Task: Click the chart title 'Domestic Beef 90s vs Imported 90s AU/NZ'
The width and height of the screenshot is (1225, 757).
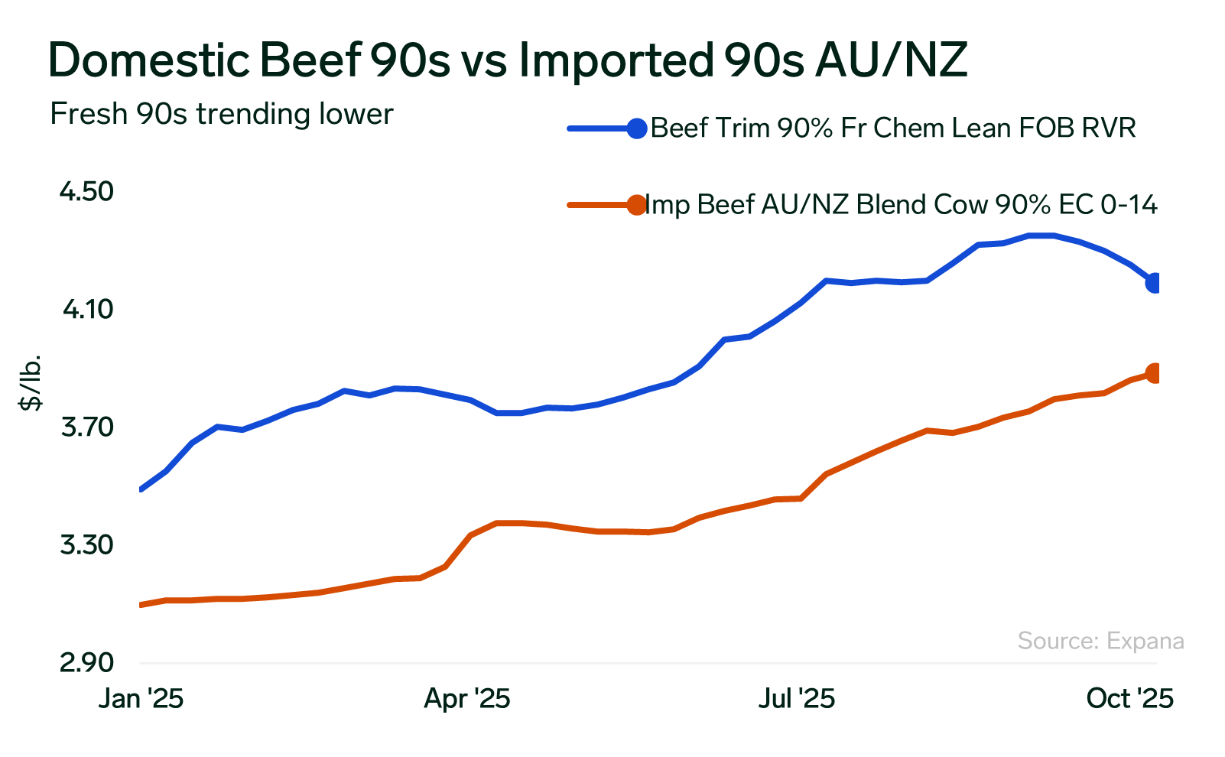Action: (x=507, y=60)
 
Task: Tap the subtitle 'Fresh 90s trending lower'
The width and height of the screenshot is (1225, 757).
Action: (x=222, y=114)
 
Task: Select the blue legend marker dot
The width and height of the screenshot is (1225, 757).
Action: (x=636, y=128)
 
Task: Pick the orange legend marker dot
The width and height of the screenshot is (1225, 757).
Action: (x=636, y=205)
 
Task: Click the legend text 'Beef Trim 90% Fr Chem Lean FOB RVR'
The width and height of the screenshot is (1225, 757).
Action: (x=893, y=128)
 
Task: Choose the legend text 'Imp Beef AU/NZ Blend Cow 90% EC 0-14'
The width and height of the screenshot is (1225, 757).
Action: (x=901, y=205)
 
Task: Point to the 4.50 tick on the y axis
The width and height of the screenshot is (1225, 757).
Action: (x=86, y=191)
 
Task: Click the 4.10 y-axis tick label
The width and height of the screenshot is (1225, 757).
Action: (x=87, y=310)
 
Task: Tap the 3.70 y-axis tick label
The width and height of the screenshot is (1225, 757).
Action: (x=86, y=427)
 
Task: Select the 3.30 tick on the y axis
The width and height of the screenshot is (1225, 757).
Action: (x=86, y=545)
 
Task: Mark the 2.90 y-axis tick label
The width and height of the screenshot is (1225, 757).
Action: (x=86, y=662)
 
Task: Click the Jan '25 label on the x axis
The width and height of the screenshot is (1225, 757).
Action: (x=141, y=699)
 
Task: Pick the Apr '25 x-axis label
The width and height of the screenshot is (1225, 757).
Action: (x=467, y=699)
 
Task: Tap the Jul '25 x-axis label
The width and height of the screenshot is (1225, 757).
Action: (x=796, y=699)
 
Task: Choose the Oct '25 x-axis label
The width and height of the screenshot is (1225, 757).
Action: (x=1129, y=699)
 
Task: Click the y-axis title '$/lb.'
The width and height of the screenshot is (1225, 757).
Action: (x=31, y=383)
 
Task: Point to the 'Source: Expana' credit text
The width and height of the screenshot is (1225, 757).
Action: (x=1100, y=641)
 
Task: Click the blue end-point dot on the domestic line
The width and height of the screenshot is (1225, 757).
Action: (x=1155, y=283)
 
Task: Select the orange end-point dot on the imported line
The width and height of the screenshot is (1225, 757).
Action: (x=1155, y=373)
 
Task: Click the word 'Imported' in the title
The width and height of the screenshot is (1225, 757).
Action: (x=616, y=60)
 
